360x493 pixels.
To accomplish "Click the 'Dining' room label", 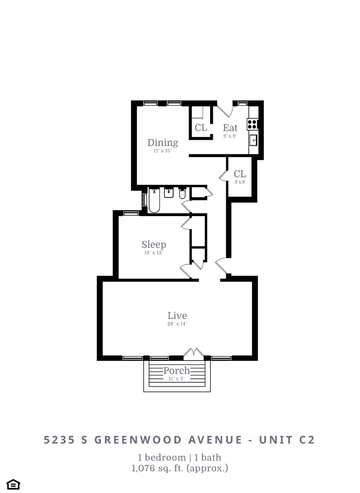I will point(163,142).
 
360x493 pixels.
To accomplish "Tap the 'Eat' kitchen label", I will point(230,128).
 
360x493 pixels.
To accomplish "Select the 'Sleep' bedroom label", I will point(154,245).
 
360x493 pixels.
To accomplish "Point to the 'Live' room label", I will point(177,316).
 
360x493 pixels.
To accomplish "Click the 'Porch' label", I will point(176,370).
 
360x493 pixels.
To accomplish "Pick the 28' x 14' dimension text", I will point(177,324).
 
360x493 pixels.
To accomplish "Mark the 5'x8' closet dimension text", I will point(240,182).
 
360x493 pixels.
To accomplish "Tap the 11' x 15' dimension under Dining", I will point(163,151).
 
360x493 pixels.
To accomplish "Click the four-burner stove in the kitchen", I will point(252,124).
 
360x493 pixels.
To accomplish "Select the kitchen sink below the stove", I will point(253,140).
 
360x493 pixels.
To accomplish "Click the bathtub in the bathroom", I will point(154,201).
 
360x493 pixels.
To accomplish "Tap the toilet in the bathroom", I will point(183,195).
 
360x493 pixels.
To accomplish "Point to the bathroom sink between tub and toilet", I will point(169,193).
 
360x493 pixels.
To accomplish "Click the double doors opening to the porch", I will point(193,354).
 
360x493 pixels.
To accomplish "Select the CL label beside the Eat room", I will point(200,128).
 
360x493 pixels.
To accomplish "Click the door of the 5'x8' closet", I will point(222,175).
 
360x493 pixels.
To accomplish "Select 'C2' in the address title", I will point(306,440).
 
